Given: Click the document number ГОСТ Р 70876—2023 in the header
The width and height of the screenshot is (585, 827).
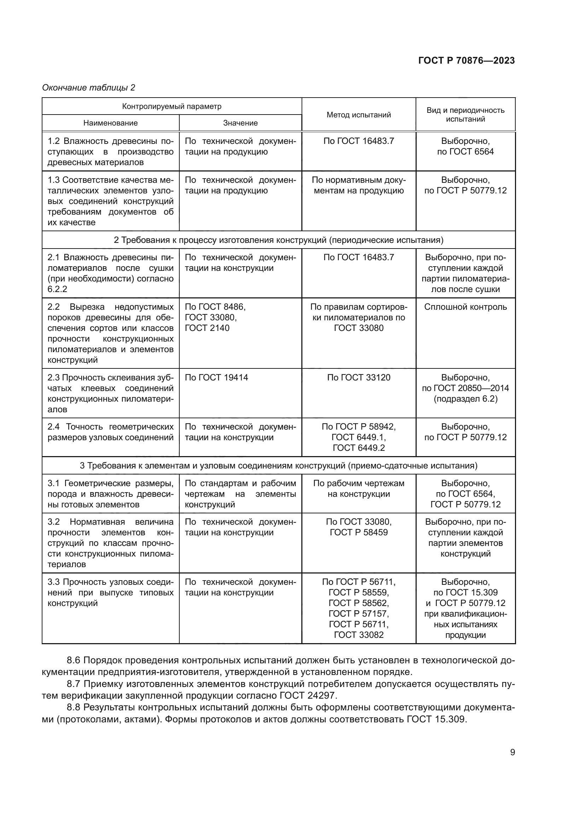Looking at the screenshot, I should point(466,60).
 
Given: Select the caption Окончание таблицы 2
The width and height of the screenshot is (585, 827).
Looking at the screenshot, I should point(89,88).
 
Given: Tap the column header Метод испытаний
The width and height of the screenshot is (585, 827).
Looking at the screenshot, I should point(358,115).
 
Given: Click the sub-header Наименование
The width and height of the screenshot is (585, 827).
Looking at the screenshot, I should point(110,123).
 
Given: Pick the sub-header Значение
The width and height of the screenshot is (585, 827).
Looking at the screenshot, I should point(240,123).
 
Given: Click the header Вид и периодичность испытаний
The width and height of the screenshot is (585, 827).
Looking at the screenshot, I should point(465,115).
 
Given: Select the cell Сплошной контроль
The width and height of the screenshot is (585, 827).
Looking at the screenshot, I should point(465,307).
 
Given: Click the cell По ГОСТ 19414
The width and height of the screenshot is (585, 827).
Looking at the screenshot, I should point(216,378).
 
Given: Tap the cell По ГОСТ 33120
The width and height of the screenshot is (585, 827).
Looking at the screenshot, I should point(358,378).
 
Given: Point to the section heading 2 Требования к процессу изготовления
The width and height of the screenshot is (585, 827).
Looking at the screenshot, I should point(278,240).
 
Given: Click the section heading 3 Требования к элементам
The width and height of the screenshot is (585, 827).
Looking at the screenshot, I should point(278,466).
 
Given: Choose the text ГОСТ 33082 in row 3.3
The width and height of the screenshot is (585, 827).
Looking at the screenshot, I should point(358,635).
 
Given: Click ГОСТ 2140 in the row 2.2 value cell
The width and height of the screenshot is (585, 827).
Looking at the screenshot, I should point(207,328).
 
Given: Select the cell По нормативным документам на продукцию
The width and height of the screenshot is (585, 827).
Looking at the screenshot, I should point(358,185).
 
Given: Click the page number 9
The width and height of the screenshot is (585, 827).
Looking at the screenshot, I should point(512,752).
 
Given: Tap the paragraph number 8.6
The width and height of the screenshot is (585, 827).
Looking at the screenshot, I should point(74,660).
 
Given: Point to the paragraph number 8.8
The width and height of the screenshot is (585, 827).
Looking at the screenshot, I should point(74,707).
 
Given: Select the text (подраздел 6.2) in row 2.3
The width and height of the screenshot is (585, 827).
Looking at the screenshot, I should point(465,399).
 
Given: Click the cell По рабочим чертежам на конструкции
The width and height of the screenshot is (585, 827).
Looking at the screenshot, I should point(358,488).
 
